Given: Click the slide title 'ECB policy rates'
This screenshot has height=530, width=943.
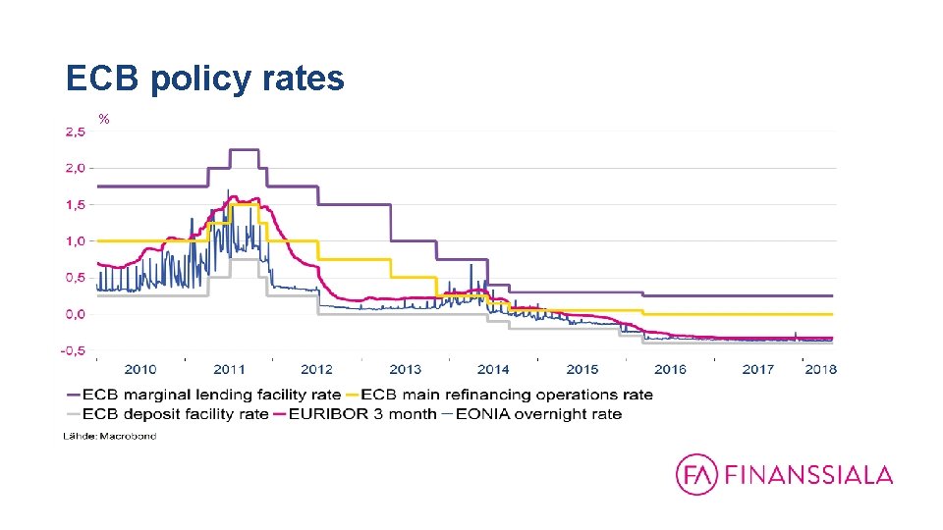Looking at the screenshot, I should click(204, 78).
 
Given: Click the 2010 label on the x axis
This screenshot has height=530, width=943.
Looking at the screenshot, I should click(139, 370).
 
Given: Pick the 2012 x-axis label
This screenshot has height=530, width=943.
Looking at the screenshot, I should click(316, 370).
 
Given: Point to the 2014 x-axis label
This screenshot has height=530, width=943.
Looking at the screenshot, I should click(493, 370).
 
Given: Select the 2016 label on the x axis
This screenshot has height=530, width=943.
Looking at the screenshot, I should click(670, 370).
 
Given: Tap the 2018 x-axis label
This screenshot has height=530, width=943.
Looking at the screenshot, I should click(820, 370).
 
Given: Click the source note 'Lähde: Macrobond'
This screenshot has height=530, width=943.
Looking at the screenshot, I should click(110, 435).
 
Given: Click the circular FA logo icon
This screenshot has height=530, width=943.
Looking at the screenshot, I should click(696, 475).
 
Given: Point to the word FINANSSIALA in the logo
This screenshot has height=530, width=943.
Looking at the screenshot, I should click(808, 475).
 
